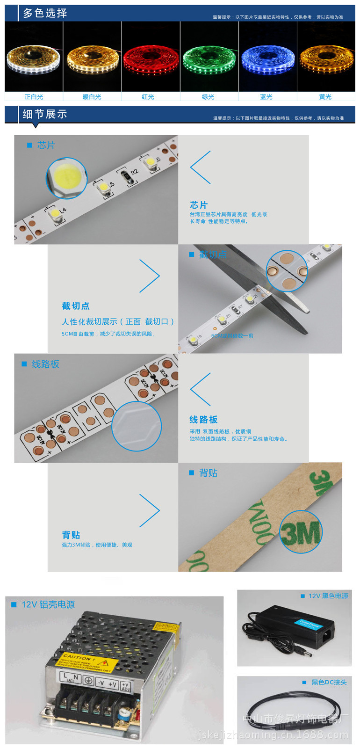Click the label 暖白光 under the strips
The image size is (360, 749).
(x=92, y=97)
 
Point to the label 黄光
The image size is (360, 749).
(x=325, y=97)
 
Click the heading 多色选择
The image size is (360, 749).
(x=45, y=13)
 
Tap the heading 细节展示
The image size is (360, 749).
(x=45, y=114)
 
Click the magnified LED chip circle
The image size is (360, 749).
(x=66, y=178)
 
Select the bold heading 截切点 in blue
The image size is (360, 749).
(x=76, y=306)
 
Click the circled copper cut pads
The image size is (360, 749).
(x=287, y=271)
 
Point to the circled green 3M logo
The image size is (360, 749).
(x=301, y=532)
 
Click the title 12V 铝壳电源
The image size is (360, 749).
(x=48, y=604)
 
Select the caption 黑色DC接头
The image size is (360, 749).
(x=329, y=682)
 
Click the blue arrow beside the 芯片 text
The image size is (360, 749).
(x=201, y=167)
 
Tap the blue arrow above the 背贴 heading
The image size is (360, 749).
(x=150, y=510)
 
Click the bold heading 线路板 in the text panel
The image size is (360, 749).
(x=203, y=420)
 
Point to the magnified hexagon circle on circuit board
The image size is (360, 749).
(x=137, y=426)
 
